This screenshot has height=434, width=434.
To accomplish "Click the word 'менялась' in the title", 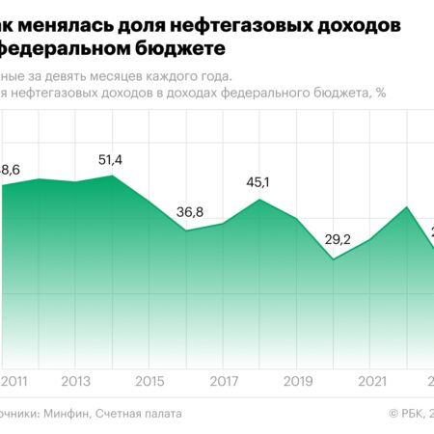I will pos(63,22).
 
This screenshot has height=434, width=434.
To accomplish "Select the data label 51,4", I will pos(113,159).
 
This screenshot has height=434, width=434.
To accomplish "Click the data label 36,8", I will pos(189,212).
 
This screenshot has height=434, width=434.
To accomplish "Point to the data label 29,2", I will pos(335,239).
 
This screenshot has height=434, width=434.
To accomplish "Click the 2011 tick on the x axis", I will pos(16,382).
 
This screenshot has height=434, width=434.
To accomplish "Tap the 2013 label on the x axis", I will pos(76,382).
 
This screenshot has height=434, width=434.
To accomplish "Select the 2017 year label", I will pos(224,382).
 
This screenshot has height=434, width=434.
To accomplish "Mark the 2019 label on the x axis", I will pos(298,382).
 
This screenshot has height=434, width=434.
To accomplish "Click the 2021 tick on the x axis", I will pos(372,382).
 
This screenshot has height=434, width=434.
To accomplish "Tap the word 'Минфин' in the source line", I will pos(66,413).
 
